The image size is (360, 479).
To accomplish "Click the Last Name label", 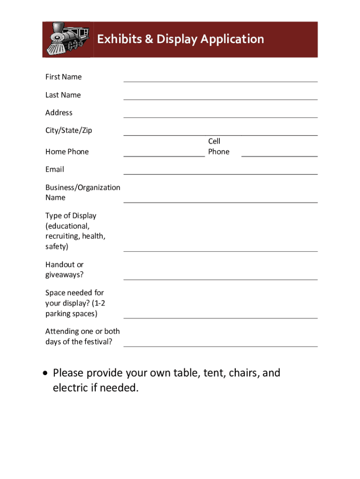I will pyautogui.click(x=63, y=95).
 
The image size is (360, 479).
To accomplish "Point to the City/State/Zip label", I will pyautogui.click(x=69, y=131).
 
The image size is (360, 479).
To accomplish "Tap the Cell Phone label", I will pyautogui.click(x=218, y=146).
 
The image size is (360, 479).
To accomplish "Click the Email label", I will pyautogui.click(x=55, y=169).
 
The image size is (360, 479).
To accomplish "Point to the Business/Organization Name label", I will pyautogui.click(x=82, y=192).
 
